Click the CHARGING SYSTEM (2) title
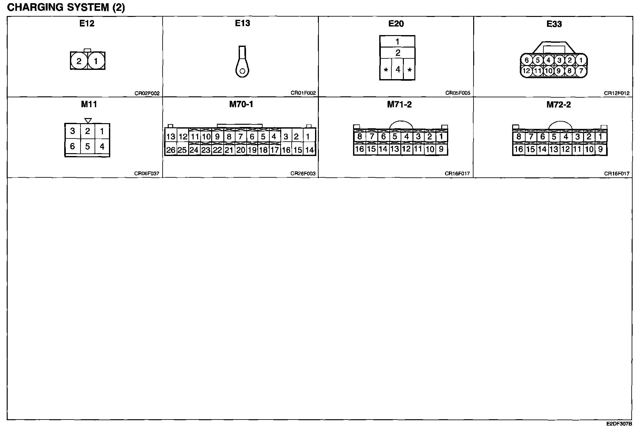click(x=66, y=7)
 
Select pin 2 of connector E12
click(x=79, y=61)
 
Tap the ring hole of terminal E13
click(x=242, y=71)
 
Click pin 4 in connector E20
click(x=397, y=69)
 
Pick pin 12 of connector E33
click(x=526, y=71)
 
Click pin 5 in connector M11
click(x=87, y=146)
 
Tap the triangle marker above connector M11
click(x=88, y=121)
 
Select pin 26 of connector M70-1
click(x=171, y=150)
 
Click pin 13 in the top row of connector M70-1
click(x=171, y=137)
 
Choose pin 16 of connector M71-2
click(x=359, y=149)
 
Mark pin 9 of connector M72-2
click(x=601, y=149)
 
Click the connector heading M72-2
click(x=558, y=105)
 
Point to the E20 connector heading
click(x=396, y=24)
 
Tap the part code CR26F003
click(x=303, y=174)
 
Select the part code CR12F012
click(x=616, y=93)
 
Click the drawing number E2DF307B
click(x=619, y=424)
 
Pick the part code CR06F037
click(x=147, y=174)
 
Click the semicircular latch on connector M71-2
click(x=401, y=125)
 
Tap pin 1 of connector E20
click(x=397, y=41)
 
